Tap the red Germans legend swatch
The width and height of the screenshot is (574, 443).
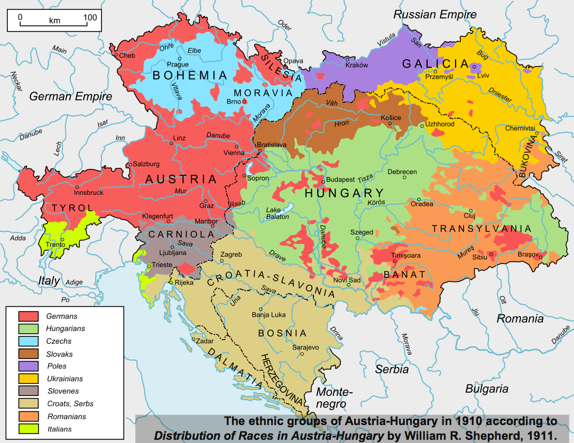[x=29, y=316]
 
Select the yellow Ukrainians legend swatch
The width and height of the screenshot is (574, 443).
[x=29, y=379]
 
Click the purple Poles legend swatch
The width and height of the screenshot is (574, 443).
[x=29, y=366]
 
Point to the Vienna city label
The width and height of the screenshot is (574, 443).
[x=234, y=153]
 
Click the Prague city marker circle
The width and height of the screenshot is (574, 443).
[x=180, y=58]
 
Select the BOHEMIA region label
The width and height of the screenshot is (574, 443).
[x=189, y=76]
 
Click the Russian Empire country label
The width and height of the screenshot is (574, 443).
[x=434, y=14]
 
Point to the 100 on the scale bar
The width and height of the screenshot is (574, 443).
[x=89, y=17]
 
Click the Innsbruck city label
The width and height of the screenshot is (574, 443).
[x=89, y=193]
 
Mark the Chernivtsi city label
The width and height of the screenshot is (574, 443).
[x=520, y=128]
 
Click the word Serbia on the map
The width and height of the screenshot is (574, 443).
[x=392, y=370]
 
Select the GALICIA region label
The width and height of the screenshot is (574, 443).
[x=436, y=64]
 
